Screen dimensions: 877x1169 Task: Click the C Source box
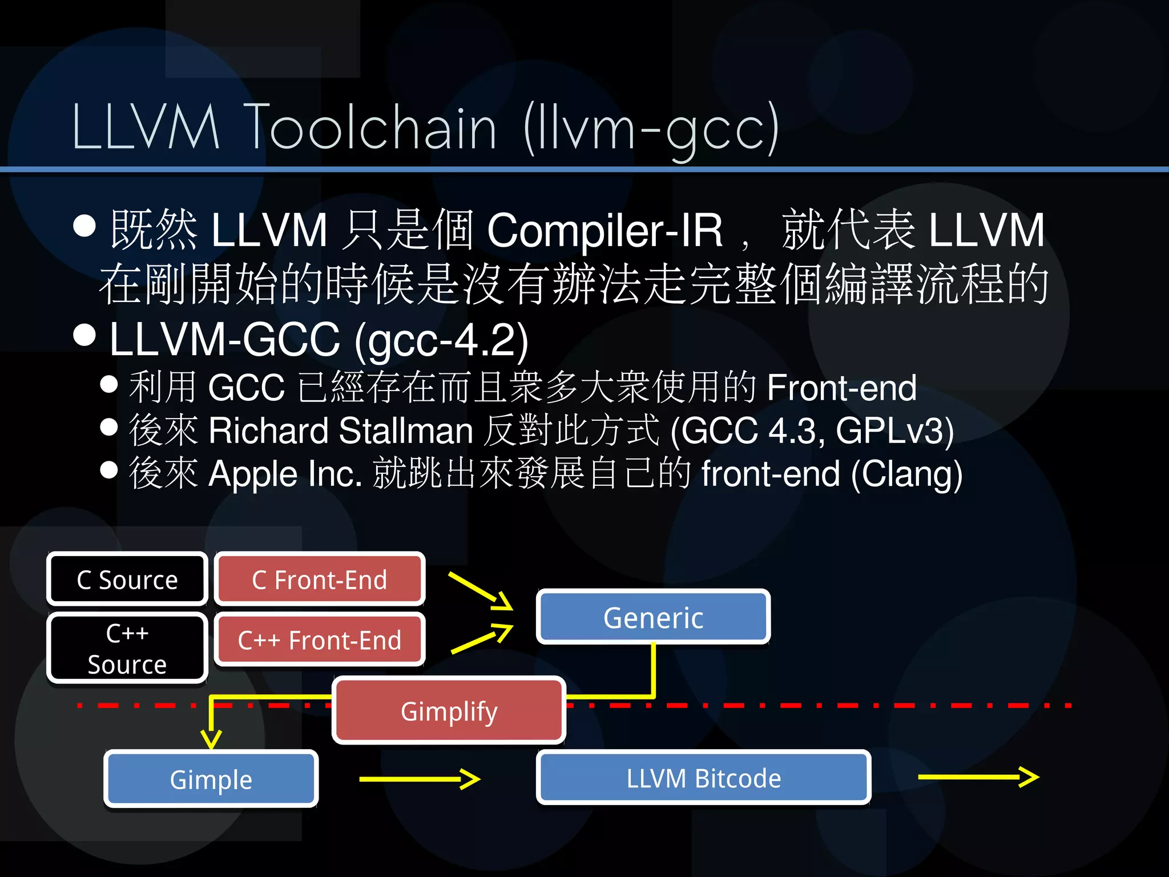pyautogui.click(x=127, y=579)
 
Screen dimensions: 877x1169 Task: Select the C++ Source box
pyautogui.click(x=127, y=648)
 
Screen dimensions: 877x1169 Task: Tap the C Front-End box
pyautogui.click(x=319, y=579)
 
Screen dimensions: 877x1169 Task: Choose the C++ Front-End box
pyautogui.click(x=319, y=639)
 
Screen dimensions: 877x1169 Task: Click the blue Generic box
pyautogui.click(x=653, y=617)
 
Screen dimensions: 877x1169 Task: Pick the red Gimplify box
pyautogui.click(x=449, y=711)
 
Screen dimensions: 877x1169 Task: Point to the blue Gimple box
pyautogui.click(x=211, y=779)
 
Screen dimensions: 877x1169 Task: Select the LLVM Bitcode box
pyautogui.click(x=703, y=778)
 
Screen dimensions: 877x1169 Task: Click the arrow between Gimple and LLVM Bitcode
pyautogui.click(x=420, y=778)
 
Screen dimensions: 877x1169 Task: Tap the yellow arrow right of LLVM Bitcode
pyautogui.click(x=978, y=777)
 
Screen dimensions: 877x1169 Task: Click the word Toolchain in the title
pyautogui.click(x=370, y=127)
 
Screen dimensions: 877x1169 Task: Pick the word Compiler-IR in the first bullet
pyautogui.click(x=605, y=230)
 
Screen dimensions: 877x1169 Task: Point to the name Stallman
pyautogui.click(x=406, y=431)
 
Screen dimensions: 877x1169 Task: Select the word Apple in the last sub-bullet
pyautogui.click(x=253, y=474)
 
